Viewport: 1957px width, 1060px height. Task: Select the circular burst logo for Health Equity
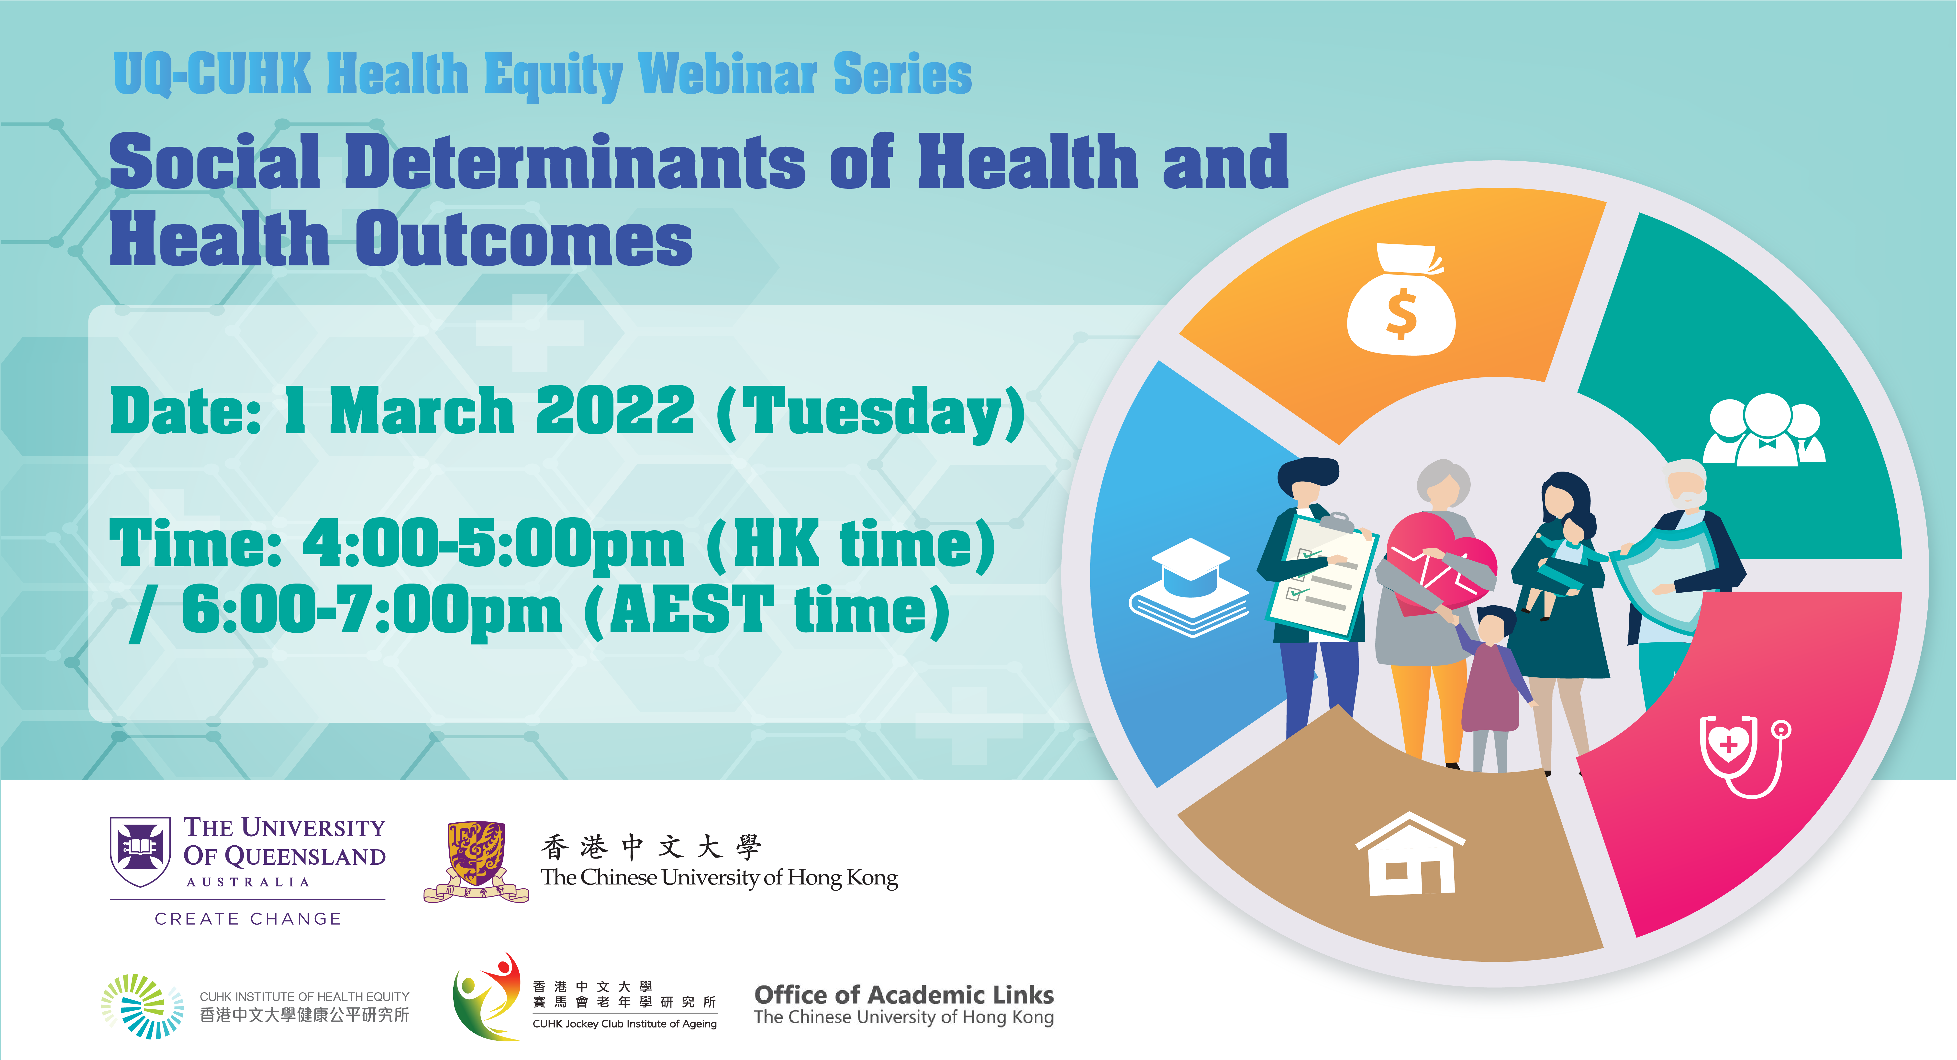click(142, 1006)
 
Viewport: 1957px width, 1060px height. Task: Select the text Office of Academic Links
click(904, 995)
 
